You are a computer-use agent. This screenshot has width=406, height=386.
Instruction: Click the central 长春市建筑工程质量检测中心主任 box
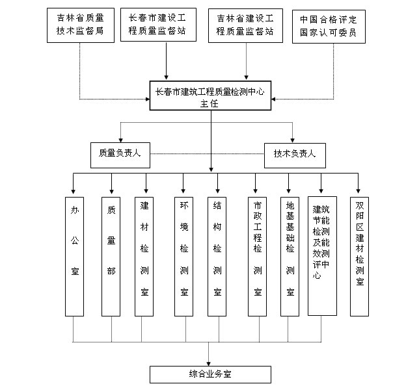(210, 97)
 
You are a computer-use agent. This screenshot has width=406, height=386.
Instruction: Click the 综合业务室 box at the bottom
(210, 374)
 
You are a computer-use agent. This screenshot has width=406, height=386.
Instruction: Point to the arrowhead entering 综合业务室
(210, 363)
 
